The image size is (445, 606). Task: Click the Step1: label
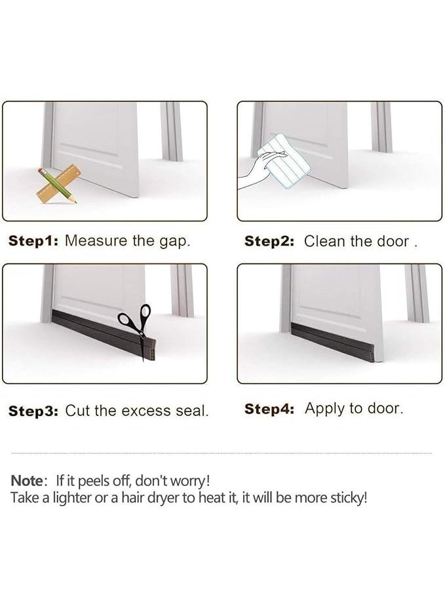point(33,240)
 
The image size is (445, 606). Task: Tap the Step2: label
point(269,241)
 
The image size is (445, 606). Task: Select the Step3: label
point(33,411)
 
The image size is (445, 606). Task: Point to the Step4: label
point(269,409)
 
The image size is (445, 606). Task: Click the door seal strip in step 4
point(332,341)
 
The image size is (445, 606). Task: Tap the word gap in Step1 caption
point(173,241)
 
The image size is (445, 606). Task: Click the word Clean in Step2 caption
point(324,241)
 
